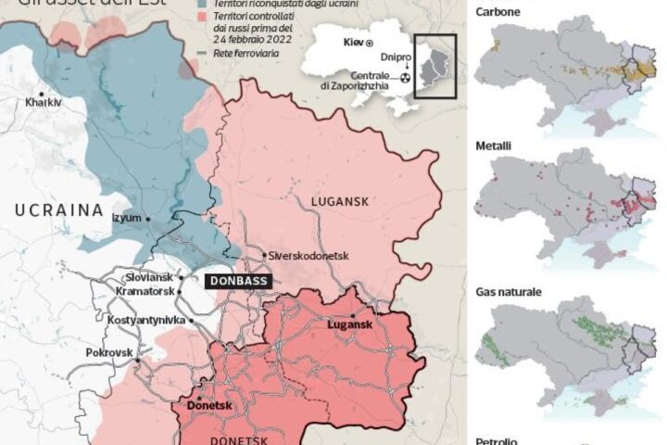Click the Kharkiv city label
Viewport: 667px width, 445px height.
tap(44, 102)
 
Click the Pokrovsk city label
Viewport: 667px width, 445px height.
tap(110, 353)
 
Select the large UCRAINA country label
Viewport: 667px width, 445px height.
tap(58, 210)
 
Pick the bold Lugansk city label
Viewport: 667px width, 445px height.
tap(349, 325)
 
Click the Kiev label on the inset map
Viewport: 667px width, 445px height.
tap(350, 44)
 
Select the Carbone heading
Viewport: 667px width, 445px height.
tap(497, 12)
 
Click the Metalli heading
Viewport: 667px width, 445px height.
tap(492, 146)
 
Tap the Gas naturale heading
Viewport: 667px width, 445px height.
tap(508, 291)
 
